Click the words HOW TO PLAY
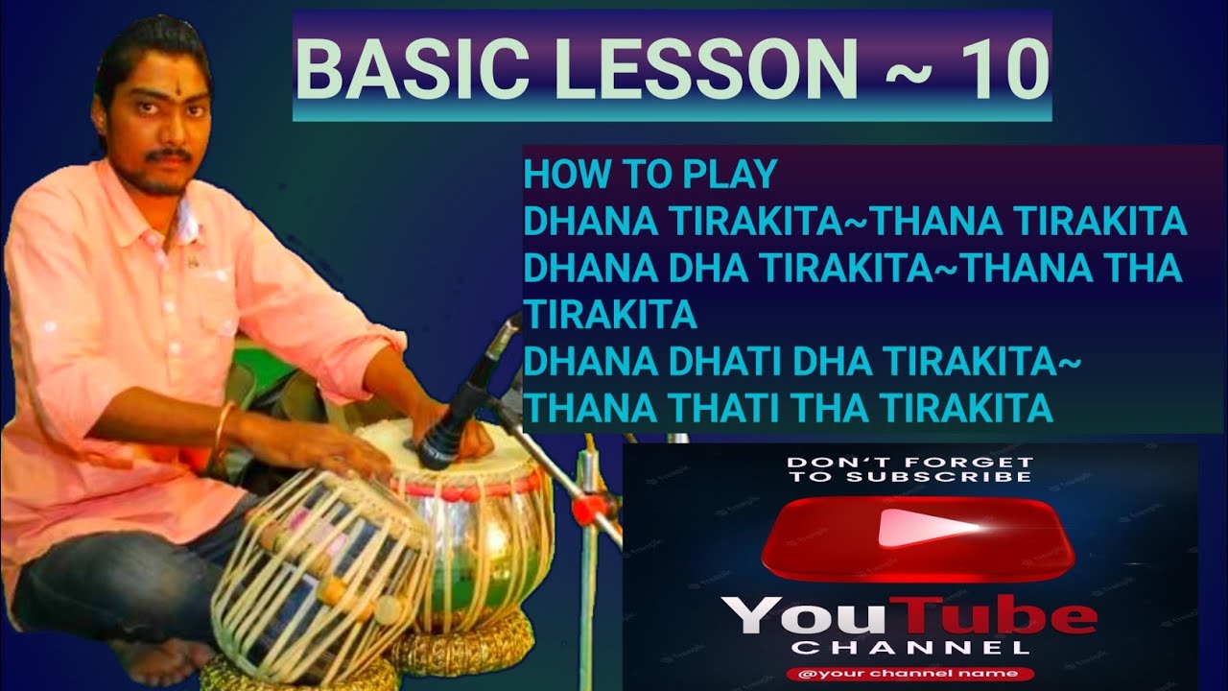click(x=649, y=176)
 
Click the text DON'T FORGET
click(x=909, y=463)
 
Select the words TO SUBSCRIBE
click(x=909, y=477)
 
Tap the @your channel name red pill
click(x=909, y=674)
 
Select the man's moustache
click(x=170, y=155)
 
